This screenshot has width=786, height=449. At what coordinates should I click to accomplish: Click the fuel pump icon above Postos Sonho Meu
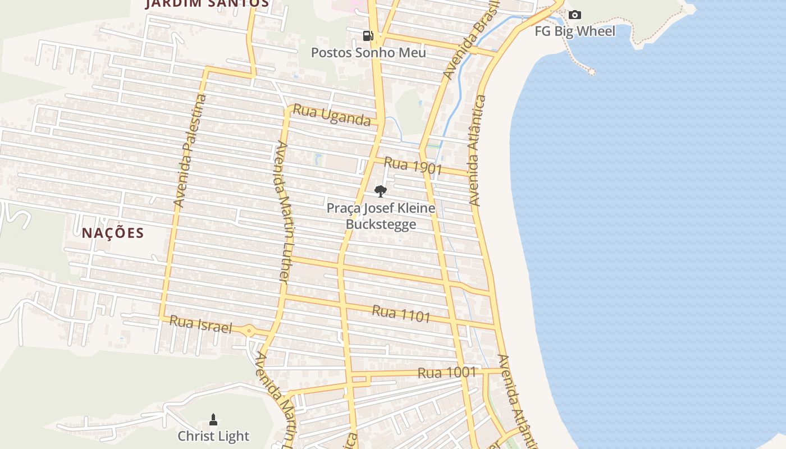368,36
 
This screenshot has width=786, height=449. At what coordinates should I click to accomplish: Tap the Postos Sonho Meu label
368,53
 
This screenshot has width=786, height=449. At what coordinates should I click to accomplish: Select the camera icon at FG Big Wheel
574,15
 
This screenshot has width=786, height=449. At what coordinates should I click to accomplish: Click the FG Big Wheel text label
574,31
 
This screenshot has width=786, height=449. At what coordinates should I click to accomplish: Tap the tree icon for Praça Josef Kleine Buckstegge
381,191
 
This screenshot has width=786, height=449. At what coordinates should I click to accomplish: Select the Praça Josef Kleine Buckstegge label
381,216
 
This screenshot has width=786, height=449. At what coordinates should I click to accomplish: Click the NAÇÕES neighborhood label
113,233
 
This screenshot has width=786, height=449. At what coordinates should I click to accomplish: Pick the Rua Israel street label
200,324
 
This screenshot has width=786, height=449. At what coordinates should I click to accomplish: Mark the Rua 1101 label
401,314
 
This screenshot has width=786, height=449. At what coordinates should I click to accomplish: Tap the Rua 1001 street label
446,372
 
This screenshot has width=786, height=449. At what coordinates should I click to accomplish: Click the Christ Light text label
213,436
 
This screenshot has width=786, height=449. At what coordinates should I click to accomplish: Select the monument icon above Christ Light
213,419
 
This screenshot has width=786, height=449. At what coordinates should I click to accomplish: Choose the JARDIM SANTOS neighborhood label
207,3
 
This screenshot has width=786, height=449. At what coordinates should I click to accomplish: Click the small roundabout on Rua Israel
249,331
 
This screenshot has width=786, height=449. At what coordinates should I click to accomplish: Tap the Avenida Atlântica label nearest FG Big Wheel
477,150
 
